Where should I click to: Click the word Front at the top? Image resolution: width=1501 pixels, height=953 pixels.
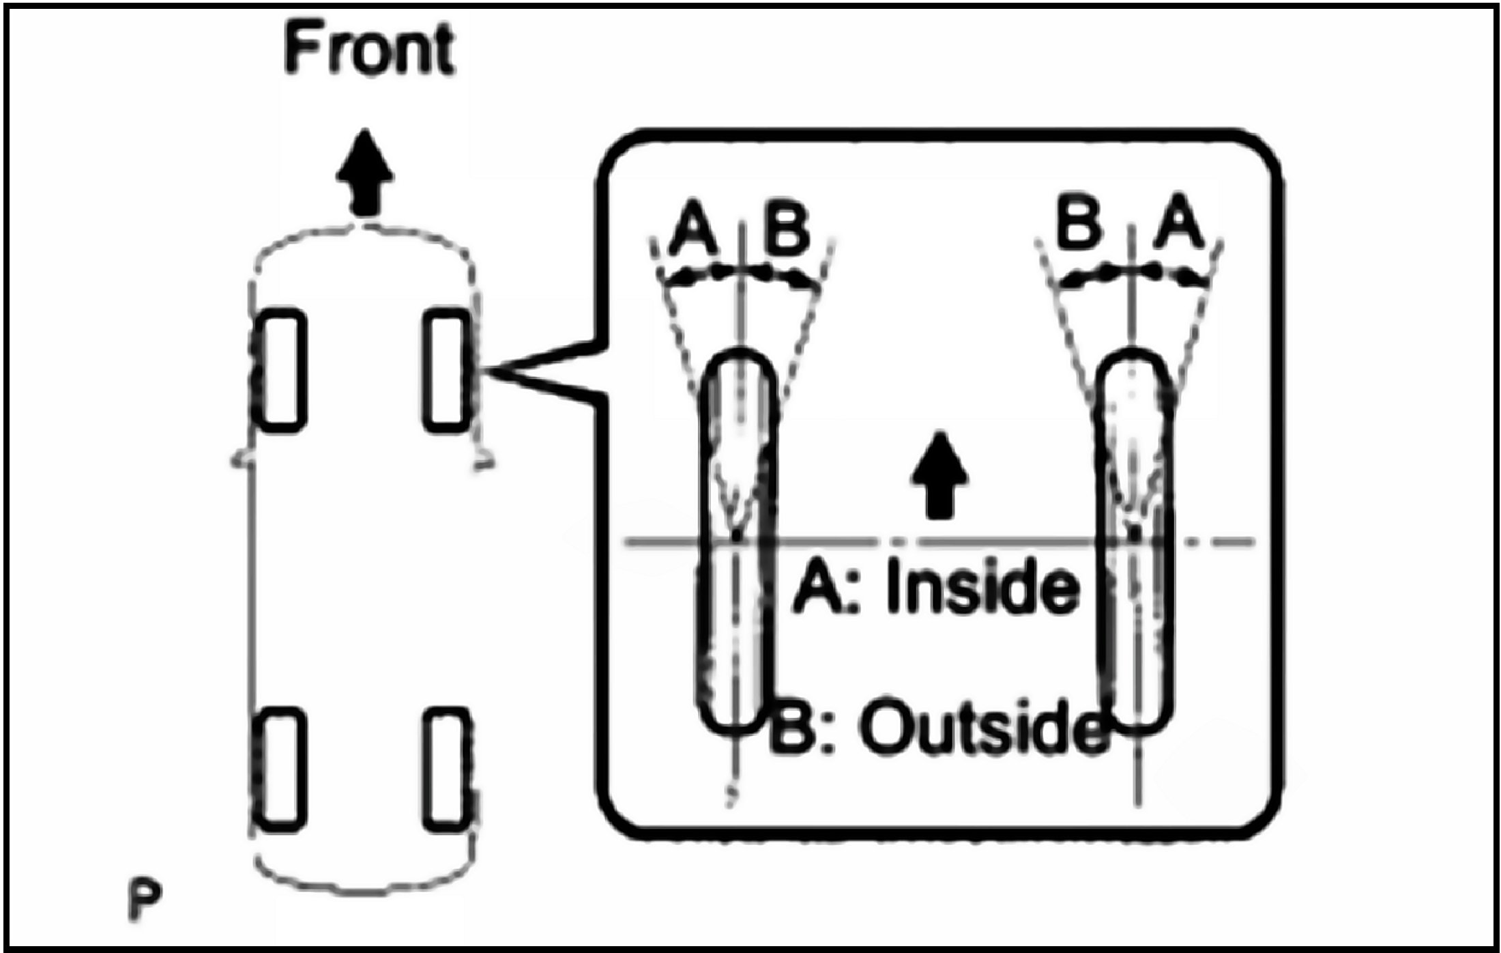369,49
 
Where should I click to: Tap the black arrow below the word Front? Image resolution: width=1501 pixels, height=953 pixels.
365,173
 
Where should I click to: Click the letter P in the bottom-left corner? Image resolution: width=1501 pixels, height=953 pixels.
144,901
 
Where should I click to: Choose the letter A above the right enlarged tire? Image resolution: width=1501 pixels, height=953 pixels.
1178,222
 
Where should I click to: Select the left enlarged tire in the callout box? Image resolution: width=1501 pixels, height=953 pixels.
738,543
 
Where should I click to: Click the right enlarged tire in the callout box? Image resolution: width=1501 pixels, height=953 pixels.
1135,543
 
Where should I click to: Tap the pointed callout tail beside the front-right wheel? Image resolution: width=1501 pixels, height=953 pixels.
539,372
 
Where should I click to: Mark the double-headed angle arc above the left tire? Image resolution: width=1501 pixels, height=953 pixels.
740,274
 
